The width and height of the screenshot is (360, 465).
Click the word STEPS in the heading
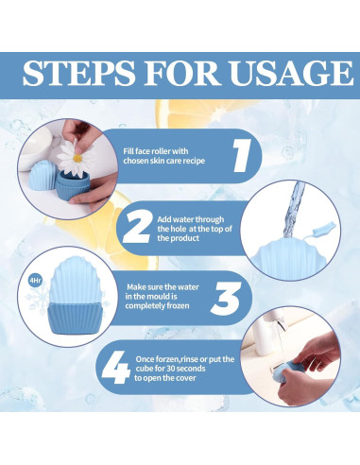point(78,73)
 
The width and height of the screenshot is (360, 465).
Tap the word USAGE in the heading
point(292,73)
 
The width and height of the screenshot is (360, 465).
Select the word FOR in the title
point(182,73)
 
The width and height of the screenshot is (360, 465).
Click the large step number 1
point(242,156)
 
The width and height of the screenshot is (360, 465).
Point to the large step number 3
point(226,299)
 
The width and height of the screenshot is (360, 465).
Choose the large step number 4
point(116,368)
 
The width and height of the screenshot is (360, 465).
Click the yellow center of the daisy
point(77,158)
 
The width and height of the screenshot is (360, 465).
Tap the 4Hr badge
point(34,280)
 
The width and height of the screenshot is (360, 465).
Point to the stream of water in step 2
point(293,211)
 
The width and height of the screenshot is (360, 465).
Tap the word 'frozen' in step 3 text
point(179,305)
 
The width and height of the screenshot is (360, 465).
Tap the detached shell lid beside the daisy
point(43,176)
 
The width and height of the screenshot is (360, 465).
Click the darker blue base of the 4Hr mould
point(76,318)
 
